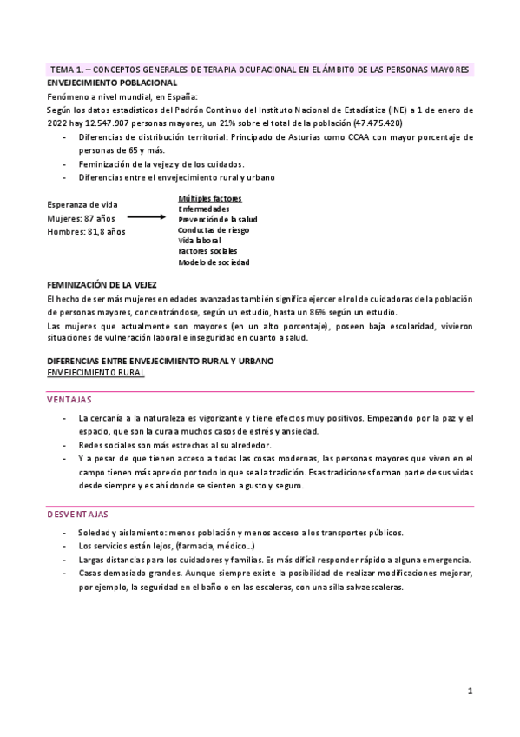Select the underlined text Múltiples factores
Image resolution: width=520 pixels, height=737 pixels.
coord(210,198)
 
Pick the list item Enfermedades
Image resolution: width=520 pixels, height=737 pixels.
coord(204,209)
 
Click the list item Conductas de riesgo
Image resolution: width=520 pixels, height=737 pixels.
coord(214,230)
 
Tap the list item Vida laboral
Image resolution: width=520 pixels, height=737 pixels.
coord(199,241)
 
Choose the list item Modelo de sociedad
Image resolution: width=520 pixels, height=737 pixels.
coord(214,262)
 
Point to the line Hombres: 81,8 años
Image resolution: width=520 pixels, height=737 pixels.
coord(86,232)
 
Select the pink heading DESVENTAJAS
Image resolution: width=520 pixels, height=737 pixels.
coord(77,515)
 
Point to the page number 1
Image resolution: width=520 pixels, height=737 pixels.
coord(470,691)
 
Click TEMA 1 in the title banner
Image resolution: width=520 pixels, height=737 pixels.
coord(67,69)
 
